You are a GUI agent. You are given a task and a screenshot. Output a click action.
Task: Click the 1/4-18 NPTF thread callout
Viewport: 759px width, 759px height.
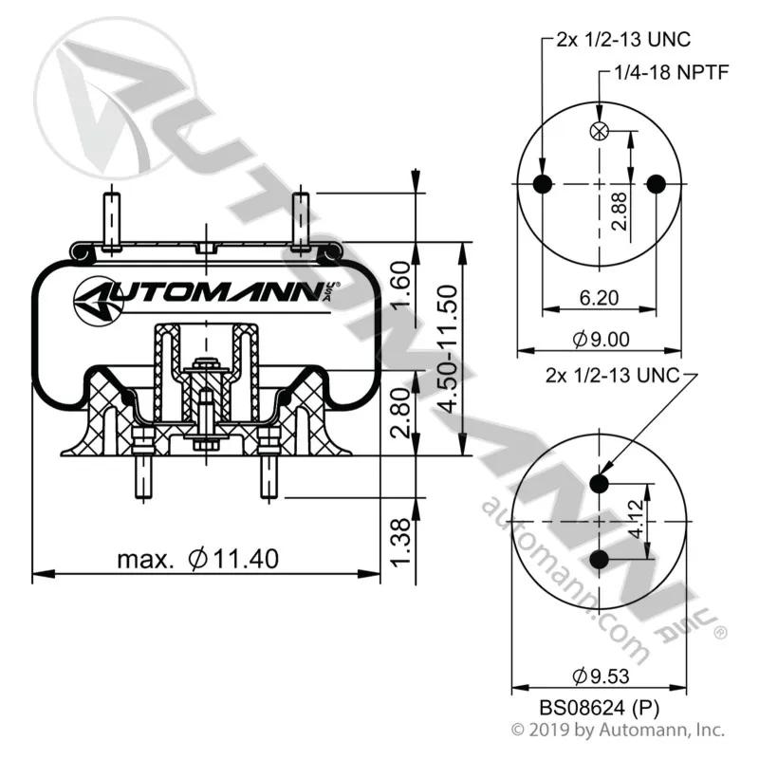672,73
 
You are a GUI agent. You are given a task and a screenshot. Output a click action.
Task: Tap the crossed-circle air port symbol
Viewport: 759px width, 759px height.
600,131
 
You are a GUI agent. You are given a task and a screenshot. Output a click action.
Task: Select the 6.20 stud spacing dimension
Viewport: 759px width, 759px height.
600,297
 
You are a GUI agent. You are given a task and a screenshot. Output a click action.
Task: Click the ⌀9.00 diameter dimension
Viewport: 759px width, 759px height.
602,339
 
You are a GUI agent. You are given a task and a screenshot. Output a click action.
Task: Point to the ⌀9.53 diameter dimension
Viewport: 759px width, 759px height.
601,676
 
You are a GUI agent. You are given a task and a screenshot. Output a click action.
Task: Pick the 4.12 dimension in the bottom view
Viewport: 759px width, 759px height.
637,519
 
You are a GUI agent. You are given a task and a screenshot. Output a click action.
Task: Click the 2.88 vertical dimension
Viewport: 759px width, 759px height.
620,211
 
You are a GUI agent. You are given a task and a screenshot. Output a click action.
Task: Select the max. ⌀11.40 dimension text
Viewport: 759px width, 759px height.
198,559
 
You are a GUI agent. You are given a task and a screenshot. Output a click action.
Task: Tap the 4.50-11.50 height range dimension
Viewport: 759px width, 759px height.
445,348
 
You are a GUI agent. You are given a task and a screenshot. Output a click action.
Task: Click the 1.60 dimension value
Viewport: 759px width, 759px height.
400,284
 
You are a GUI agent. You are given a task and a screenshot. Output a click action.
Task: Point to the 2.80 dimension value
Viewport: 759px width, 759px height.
400,413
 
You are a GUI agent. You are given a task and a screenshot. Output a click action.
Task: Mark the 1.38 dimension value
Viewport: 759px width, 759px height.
400,541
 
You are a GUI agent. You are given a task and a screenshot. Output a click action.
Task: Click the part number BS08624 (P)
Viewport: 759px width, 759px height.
600,709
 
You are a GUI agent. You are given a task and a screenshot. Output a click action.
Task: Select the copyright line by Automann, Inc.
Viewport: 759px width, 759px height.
619,730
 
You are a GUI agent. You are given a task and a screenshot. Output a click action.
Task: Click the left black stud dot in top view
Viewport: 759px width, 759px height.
543,184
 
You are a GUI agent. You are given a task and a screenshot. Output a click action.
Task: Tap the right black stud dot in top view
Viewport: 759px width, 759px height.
657,184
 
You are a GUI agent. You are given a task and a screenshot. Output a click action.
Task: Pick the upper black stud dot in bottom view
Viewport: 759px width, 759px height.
600,484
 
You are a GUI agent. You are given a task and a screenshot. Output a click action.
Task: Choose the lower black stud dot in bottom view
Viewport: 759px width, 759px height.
600,559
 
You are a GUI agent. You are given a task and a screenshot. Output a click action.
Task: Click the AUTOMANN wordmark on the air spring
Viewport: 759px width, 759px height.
208,294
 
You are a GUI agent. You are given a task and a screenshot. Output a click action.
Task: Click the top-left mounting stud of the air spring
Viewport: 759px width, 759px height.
112,221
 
